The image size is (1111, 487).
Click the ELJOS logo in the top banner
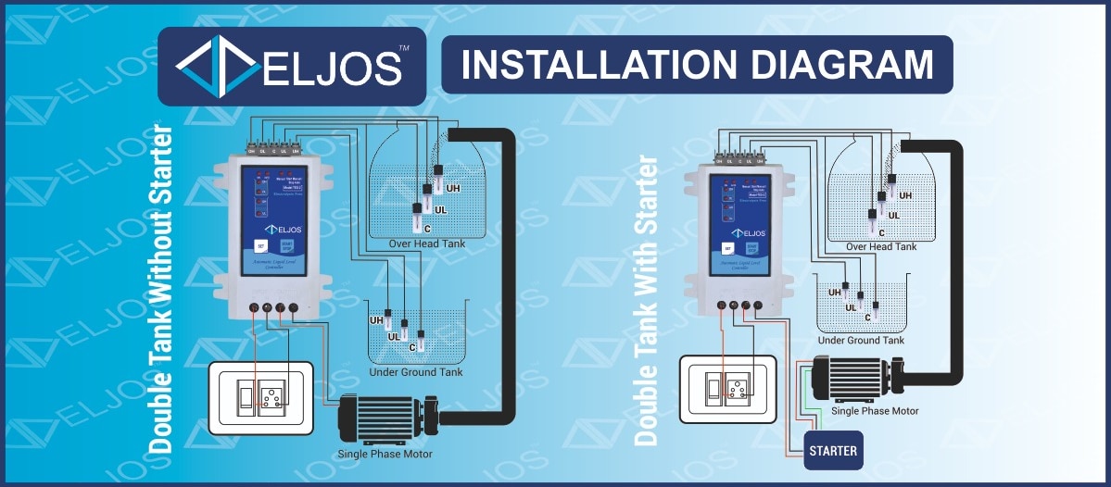(x=291, y=66)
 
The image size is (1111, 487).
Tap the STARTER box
(x=833, y=451)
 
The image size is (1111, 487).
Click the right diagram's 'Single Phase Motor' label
(x=875, y=410)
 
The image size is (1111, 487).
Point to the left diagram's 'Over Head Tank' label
(x=426, y=243)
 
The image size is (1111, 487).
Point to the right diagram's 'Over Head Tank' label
(x=881, y=246)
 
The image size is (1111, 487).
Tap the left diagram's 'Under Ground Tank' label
(x=416, y=372)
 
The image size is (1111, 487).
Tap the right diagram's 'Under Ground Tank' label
(x=861, y=341)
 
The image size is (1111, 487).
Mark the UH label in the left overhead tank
(x=453, y=189)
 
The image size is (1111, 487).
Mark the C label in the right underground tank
(x=867, y=317)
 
